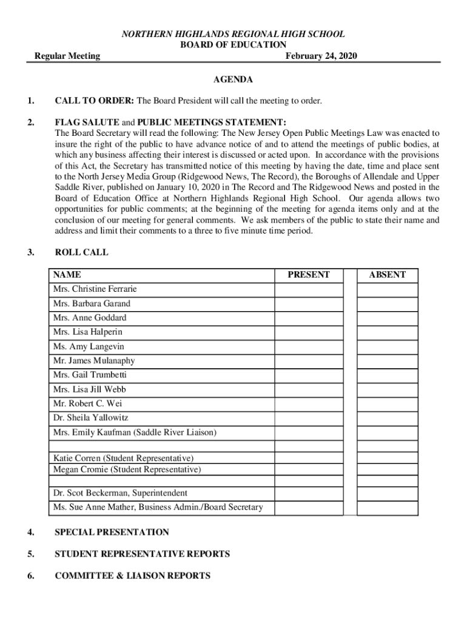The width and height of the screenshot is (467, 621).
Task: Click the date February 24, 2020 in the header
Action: (321, 56)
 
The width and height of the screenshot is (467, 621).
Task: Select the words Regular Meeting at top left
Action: (67, 56)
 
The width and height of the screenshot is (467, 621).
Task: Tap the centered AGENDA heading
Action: (233, 79)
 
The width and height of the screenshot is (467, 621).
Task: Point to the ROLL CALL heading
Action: (81, 252)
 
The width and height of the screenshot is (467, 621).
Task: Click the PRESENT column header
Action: (309, 275)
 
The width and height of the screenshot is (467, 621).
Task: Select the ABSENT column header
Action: (387, 275)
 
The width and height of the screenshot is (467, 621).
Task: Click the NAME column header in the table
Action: (67, 275)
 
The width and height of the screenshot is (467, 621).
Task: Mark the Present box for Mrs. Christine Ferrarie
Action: (309, 289)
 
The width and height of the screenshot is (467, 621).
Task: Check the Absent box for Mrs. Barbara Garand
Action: (387, 303)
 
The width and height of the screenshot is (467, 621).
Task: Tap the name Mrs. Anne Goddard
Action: (90, 318)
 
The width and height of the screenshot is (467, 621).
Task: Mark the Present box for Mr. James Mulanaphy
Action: (309, 361)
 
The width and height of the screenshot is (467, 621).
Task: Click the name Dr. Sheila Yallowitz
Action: (91, 418)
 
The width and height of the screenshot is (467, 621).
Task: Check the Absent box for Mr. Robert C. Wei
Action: (387, 403)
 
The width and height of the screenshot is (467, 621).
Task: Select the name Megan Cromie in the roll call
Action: (127, 469)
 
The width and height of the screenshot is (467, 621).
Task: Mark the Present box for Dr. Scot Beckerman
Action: (309, 493)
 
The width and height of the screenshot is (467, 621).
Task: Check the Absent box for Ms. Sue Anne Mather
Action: (387, 507)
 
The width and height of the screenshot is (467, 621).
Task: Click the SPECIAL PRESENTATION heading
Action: (112, 532)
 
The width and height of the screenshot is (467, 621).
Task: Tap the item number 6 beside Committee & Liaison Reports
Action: (30, 576)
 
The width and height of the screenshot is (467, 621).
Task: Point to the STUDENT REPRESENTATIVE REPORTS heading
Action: (142, 554)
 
